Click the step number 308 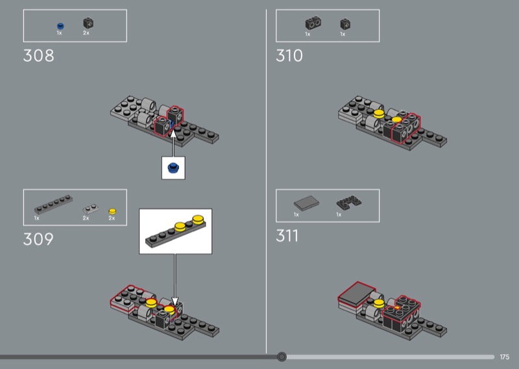(38, 55)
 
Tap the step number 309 (38, 239)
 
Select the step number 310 (289, 55)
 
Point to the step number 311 (287, 236)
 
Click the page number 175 (505, 357)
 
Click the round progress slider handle (282, 357)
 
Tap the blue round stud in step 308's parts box (60, 26)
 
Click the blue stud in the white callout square (173, 168)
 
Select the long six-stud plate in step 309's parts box (53, 204)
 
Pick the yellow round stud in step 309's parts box (112, 211)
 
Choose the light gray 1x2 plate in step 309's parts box (90, 209)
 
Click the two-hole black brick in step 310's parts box (313, 23)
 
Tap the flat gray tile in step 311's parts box (306, 203)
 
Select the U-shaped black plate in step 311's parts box (349, 202)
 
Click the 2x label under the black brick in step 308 (86, 33)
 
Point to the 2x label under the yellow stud (112, 218)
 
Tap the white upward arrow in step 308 (173, 143)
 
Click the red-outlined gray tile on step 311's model (356, 293)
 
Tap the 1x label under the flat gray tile (296, 215)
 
